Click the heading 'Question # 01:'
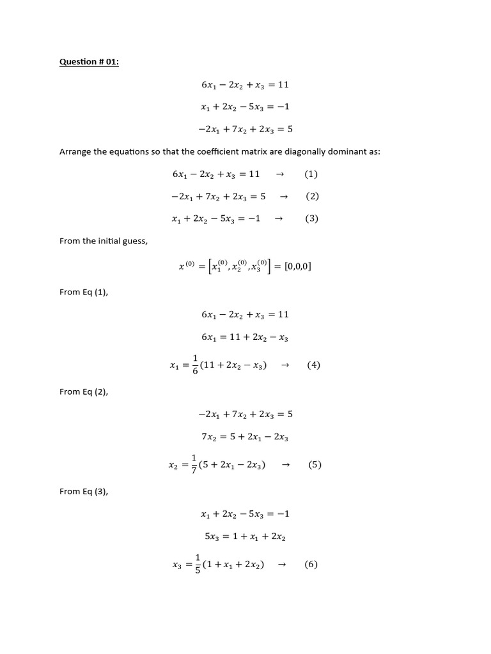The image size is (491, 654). [89, 62]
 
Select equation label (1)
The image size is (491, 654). [311, 174]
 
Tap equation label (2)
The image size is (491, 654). [312, 196]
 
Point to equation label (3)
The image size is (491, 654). [311, 218]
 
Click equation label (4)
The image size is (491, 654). [313, 365]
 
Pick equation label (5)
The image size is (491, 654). [315, 465]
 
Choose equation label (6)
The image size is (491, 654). [311, 565]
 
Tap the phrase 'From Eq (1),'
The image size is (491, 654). [84, 292]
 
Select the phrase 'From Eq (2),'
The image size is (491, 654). [84, 392]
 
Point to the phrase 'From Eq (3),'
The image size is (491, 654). [84, 491]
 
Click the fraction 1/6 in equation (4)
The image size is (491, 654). [195, 365]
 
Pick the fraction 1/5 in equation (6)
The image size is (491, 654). [198, 565]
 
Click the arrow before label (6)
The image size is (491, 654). [279, 565]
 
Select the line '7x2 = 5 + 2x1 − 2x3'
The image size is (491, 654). [245, 437]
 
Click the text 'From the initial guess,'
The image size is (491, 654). [104, 241]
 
